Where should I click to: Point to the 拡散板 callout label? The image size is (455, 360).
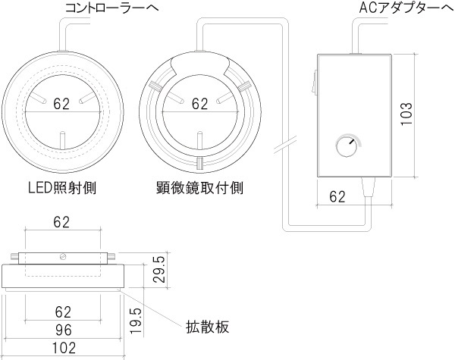(207, 327)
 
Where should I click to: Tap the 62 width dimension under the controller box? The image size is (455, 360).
(338, 197)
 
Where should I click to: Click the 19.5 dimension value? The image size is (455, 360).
(135, 321)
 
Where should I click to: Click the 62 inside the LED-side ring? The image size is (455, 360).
(62, 105)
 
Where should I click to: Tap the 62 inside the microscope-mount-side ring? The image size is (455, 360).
(200, 105)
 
